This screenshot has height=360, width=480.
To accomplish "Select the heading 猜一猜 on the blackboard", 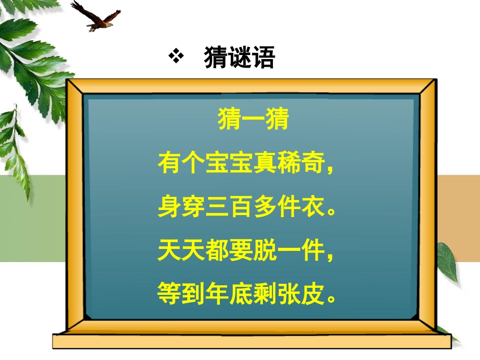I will (x=253, y=121).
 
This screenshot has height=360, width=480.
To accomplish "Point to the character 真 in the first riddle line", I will (x=265, y=164).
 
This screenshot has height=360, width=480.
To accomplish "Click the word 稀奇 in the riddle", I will (x=302, y=164).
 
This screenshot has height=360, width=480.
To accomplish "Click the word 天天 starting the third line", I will (x=181, y=250).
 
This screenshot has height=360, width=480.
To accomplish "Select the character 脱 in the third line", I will (x=265, y=250).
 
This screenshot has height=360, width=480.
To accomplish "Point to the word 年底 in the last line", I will (x=230, y=293).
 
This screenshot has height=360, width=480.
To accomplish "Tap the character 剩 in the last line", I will (x=265, y=293).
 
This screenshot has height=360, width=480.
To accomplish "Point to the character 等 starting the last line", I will (x=169, y=293).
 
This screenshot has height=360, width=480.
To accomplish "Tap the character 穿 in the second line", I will (x=194, y=207).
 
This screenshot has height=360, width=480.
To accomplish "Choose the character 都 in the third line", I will (x=217, y=250).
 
